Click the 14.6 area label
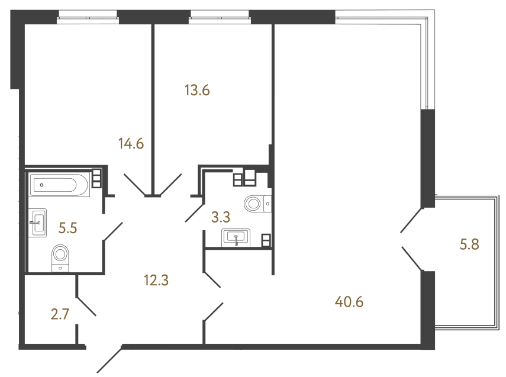[x=131, y=144]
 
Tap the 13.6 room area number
[x=197, y=91]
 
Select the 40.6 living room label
[x=349, y=302]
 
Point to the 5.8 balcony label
[x=469, y=244]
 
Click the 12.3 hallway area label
[x=156, y=281]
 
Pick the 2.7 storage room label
[x=60, y=314]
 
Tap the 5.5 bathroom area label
[x=68, y=228]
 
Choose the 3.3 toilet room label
[x=221, y=217]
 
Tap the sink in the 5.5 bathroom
[x=38, y=223]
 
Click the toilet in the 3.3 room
[x=257, y=204]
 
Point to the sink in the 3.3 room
[x=236, y=237]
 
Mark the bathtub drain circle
[x=41, y=185]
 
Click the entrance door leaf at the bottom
[x=109, y=360]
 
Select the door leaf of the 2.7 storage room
[x=86, y=307]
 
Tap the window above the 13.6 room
[x=220, y=17]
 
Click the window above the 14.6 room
[x=88, y=17]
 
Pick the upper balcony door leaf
[x=411, y=220]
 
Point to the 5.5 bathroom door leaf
[x=113, y=231]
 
